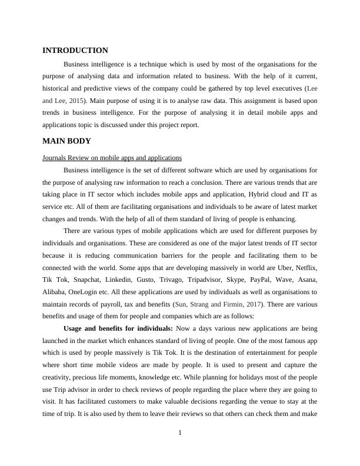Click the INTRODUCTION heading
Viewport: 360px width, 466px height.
75,51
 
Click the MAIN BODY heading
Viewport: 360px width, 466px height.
66,141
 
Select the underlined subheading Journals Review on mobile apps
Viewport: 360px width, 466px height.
112,158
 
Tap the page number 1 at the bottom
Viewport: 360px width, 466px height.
180,434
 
